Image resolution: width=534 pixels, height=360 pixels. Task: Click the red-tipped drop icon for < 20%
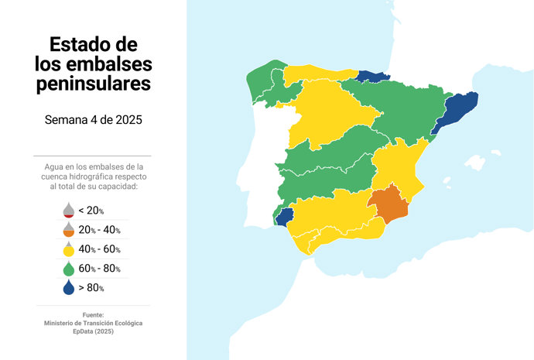(68, 211)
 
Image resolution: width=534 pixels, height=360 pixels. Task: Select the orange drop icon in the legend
(68, 230)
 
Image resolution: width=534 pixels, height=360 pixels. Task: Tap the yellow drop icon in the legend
(68, 249)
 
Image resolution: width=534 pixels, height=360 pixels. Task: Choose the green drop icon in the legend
(68, 269)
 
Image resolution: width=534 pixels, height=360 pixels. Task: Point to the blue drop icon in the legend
(68, 288)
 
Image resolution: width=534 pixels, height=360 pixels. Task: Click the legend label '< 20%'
(91, 211)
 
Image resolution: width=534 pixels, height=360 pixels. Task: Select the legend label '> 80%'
(91, 288)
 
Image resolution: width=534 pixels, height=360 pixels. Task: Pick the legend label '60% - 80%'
(99, 269)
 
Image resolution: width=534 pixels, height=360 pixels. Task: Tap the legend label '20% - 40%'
(99, 230)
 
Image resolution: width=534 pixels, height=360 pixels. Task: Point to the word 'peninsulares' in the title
(93, 84)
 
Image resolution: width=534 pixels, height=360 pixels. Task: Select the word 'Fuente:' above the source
(93, 314)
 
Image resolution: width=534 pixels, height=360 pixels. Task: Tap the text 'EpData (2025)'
(93, 331)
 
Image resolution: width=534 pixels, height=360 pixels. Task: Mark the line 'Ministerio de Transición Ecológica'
(93, 323)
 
